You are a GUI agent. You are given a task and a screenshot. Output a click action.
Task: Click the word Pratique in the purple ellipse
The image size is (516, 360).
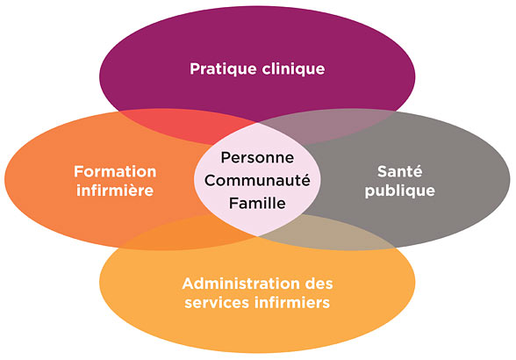(x=223, y=69)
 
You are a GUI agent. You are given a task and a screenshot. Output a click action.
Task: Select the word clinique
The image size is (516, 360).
(x=293, y=69)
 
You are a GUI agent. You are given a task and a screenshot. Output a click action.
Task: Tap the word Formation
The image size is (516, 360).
(x=115, y=171)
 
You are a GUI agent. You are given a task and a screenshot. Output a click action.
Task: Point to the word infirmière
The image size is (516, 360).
(x=115, y=191)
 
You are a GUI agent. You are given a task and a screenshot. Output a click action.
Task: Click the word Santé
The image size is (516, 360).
(x=399, y=171)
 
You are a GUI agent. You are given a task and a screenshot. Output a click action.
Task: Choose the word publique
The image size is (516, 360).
(x=400, y=191)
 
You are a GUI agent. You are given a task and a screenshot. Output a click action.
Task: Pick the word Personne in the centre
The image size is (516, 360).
(x=257, y=157)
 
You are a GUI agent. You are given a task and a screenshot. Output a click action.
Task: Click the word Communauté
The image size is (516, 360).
(x=257, y=180)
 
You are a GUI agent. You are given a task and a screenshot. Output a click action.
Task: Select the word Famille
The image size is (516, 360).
(x=257, y=203)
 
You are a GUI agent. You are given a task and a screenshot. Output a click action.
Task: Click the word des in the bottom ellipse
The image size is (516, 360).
(x=319, y=284)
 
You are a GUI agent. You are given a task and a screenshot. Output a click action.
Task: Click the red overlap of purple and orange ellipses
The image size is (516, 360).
(x=184, y=126)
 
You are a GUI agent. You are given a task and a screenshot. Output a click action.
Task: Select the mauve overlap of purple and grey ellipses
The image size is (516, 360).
(x=329, y=126)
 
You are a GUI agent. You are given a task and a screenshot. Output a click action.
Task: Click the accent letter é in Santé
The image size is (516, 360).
(x=417, y=171)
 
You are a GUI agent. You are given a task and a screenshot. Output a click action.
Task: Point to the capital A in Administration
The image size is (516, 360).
(x=188, y=284)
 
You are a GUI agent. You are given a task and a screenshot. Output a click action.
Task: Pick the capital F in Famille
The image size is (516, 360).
(x=233, y=203)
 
